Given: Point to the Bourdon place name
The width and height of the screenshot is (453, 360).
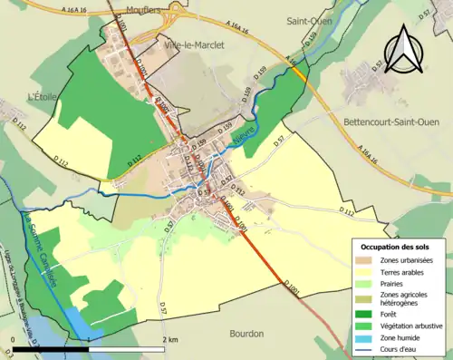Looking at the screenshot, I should [247, 333].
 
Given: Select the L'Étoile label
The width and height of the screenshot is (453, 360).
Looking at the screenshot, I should [43, 96].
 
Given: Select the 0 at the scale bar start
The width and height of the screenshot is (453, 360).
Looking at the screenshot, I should [13, 340].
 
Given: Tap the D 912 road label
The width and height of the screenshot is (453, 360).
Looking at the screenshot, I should [238, 190].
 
